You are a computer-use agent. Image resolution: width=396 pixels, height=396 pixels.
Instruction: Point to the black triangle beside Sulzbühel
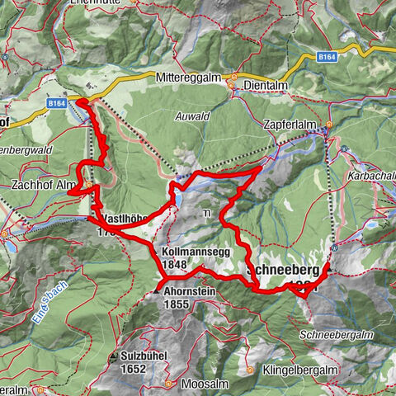click(x=112, y=356)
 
